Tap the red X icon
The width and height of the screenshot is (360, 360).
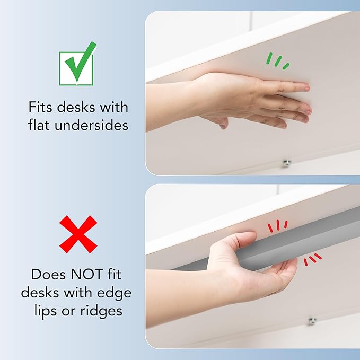78,234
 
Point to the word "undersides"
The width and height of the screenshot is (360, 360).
91,125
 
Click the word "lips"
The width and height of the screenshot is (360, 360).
46,312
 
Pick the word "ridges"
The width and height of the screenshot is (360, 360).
101,312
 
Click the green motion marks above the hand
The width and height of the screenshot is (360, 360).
278,61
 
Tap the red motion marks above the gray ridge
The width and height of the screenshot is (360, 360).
278,226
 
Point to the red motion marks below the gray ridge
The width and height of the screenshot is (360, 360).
312,259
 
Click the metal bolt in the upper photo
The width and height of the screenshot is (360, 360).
286,163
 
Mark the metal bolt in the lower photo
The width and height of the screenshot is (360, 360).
312,321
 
